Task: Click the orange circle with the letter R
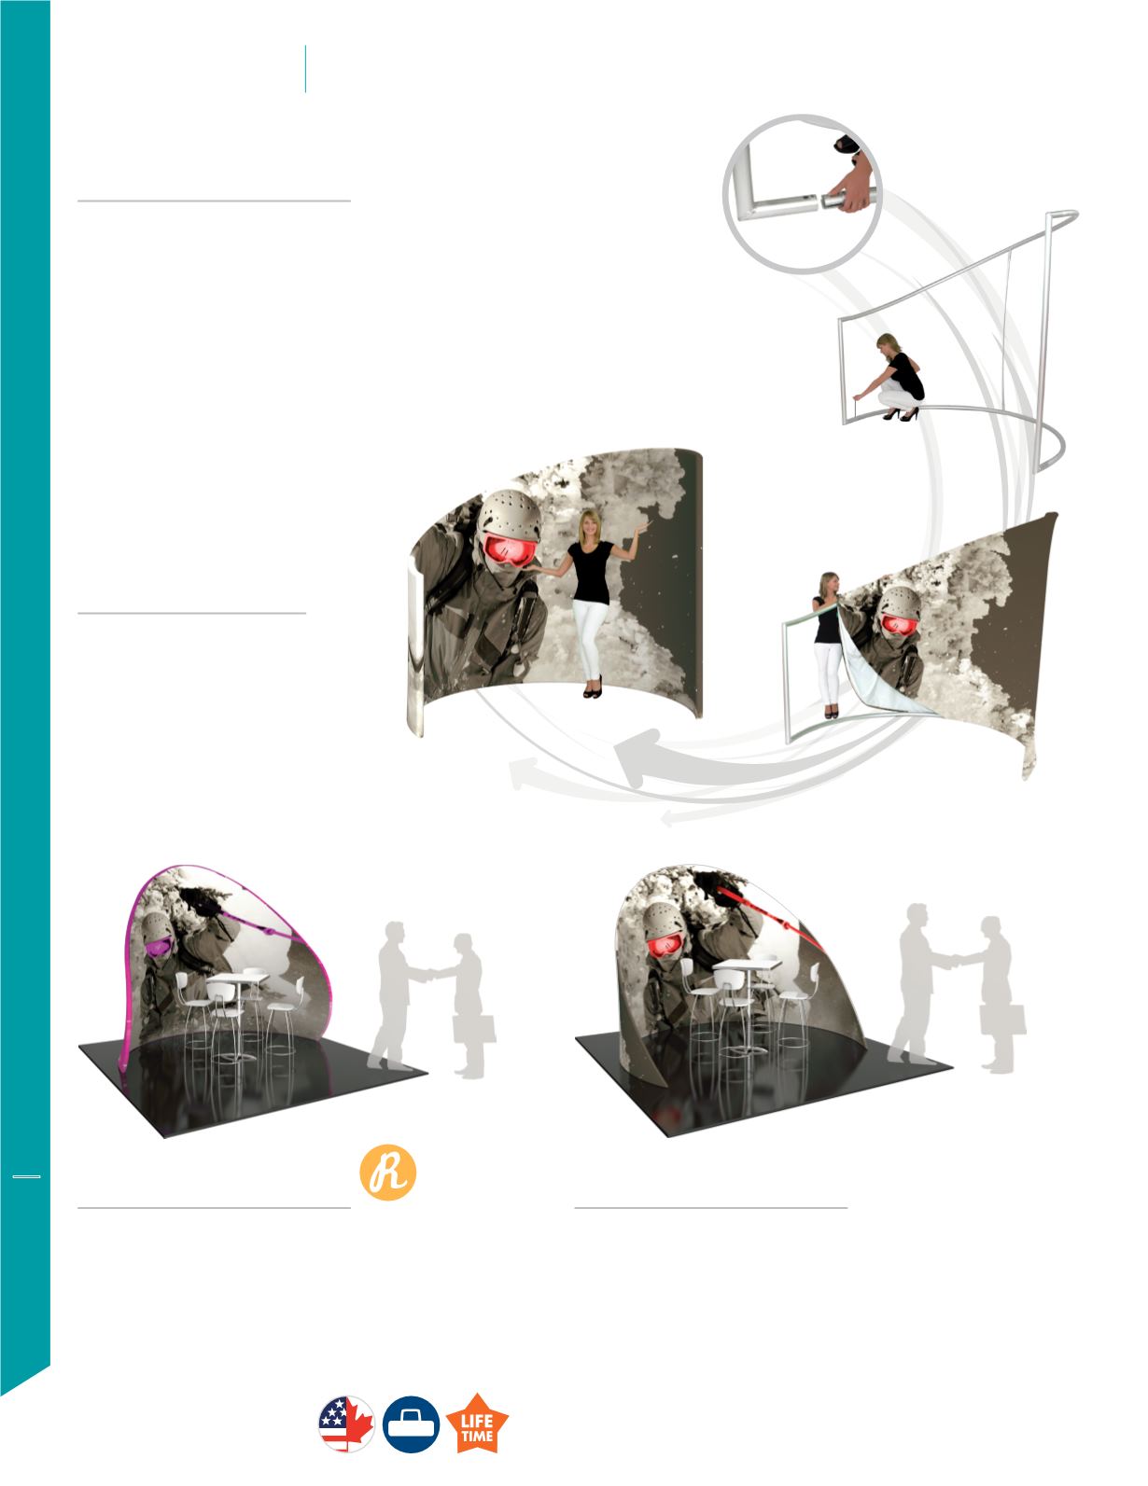[388, 1173]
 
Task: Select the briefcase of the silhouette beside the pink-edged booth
[474, 1028]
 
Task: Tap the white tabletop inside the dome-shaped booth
[747, 966]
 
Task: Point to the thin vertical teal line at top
[305, 68]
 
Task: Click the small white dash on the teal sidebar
[27, 1177]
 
